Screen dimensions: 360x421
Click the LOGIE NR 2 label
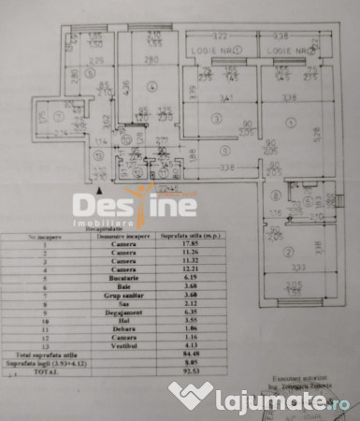pyautogui.click(x=286, y=50)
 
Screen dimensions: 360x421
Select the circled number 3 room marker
pyautogui.click(x=216, y=117)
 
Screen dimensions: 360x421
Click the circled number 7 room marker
pyautogui.click(x=58, y=116)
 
